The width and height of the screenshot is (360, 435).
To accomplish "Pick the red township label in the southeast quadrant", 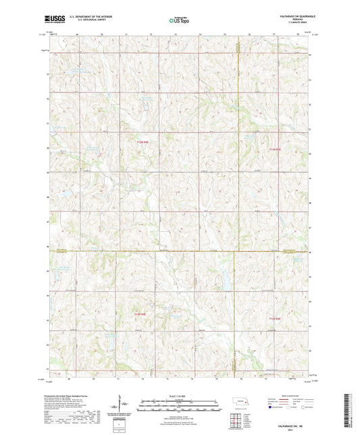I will click(274, 317).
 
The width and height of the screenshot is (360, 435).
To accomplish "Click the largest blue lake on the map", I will click(220, 276).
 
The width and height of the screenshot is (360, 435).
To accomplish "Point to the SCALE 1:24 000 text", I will click(180, 394).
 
